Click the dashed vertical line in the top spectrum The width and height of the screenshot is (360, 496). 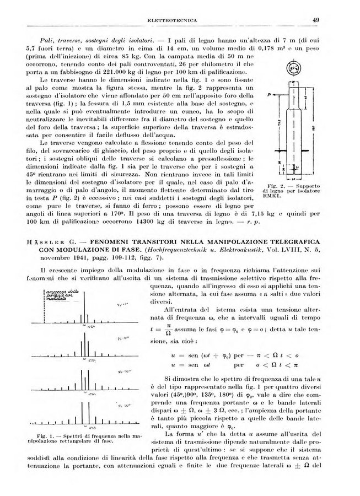coord(45,306)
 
